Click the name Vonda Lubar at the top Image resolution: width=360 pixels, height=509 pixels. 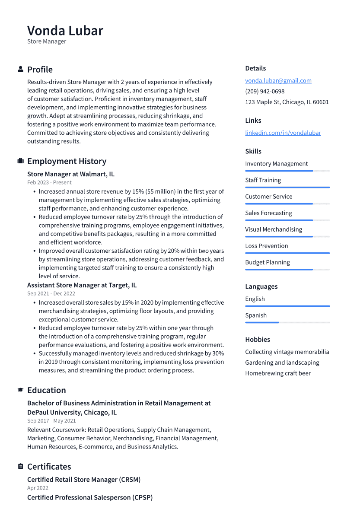tap(65, 31)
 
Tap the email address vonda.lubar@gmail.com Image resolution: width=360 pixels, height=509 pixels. tap(278, 81)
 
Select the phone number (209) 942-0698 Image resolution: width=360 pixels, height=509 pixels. tap(264, 92)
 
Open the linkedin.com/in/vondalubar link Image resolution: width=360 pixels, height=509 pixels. tap(283, 133)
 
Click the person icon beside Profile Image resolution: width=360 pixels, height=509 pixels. tap(20, 70)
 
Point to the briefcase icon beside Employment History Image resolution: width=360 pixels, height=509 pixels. tap(20, 161)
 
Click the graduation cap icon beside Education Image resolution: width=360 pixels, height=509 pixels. tap(20, 390)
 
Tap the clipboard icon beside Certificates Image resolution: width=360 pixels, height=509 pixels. tap(20, 467)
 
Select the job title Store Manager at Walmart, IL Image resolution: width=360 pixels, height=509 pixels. tap(70, 174)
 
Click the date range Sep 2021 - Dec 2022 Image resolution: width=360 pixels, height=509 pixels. tap(51, 294)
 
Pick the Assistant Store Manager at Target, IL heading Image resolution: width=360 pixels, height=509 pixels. tap(82, 285)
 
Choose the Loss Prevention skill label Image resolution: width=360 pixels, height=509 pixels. tap(266, 246)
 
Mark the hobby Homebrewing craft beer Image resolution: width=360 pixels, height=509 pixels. tap(277, 373)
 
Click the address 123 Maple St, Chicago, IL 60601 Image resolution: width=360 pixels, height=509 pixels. tap(287, 102)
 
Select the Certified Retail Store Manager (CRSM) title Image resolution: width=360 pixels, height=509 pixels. tap(83, 480)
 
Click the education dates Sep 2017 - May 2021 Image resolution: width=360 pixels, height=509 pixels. tap(51, 421)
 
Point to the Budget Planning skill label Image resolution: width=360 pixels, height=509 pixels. tap(267, 262)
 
